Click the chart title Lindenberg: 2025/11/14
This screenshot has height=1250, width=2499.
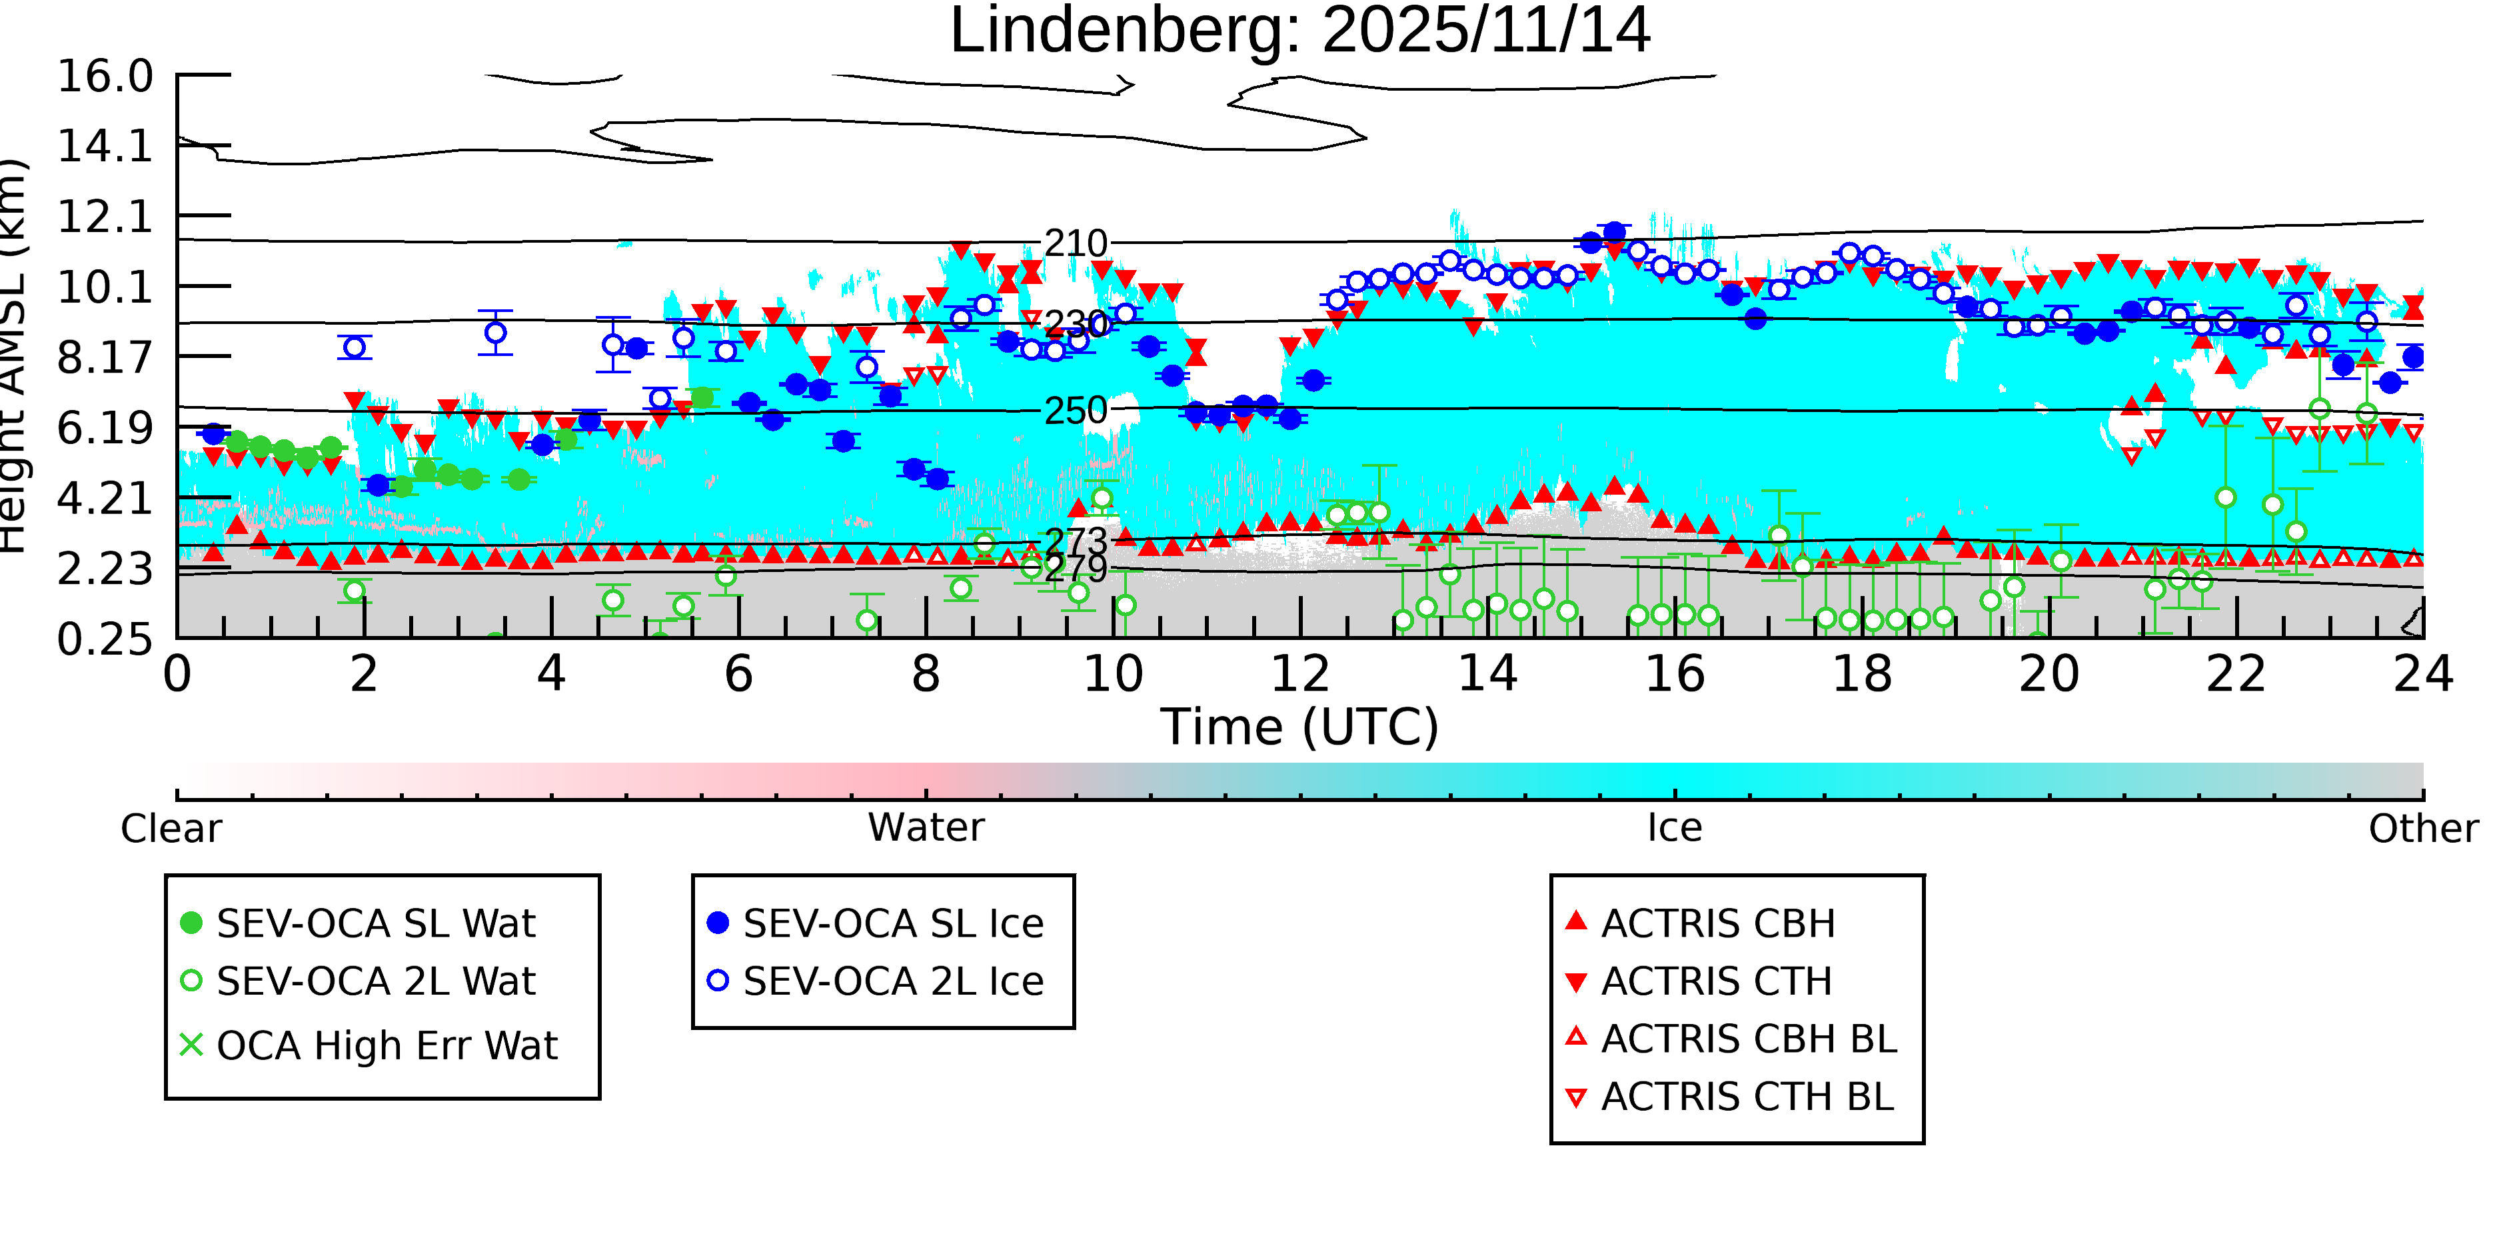(x=1299, y=31)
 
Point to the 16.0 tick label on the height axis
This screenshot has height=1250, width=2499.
(x=105, y=77)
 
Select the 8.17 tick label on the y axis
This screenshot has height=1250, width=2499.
(x=105, y=358)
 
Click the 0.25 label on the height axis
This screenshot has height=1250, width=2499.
(x=105, y=639)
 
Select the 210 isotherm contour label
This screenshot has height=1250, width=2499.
(x=1075, y=243)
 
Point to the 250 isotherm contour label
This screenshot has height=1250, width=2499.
(x=1075, y=411)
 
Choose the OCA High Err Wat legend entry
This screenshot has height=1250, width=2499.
(x=386, y=1046)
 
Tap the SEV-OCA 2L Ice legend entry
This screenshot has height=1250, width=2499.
(x=892, y=981)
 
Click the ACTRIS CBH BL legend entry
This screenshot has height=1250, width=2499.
(x=1748, y=1039)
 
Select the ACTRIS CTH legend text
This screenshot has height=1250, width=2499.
(x=1716, y=981)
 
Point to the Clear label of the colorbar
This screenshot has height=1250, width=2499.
(x=171, y=829)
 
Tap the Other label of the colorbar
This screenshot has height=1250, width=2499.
(x=2422, y=829)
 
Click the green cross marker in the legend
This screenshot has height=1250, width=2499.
(x=191, y=1045)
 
